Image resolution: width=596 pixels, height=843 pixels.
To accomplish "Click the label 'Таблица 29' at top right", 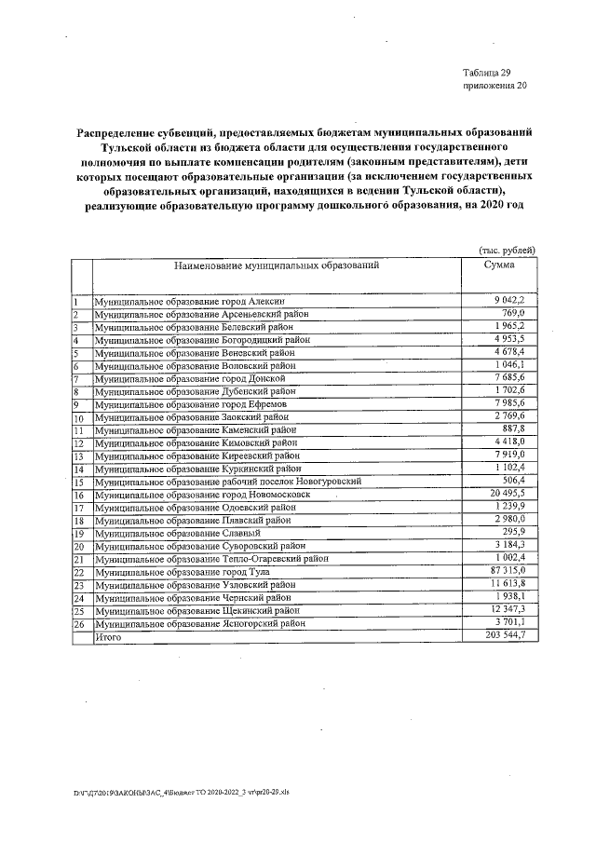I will coord(486,73).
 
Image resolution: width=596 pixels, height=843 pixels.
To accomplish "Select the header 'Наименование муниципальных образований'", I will coord(276,265).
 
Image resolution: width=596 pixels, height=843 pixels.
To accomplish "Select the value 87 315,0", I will coord(509,571).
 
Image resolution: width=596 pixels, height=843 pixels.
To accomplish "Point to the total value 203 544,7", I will coord(507,635).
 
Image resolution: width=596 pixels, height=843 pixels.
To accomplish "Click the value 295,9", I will coord(515,533).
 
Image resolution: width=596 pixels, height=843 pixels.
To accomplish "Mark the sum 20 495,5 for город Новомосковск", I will coord(509,495).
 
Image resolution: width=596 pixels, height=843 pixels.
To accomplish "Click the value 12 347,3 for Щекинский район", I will coord(509,609).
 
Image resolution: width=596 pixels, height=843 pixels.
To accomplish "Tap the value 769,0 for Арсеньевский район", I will coord(515,315).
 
